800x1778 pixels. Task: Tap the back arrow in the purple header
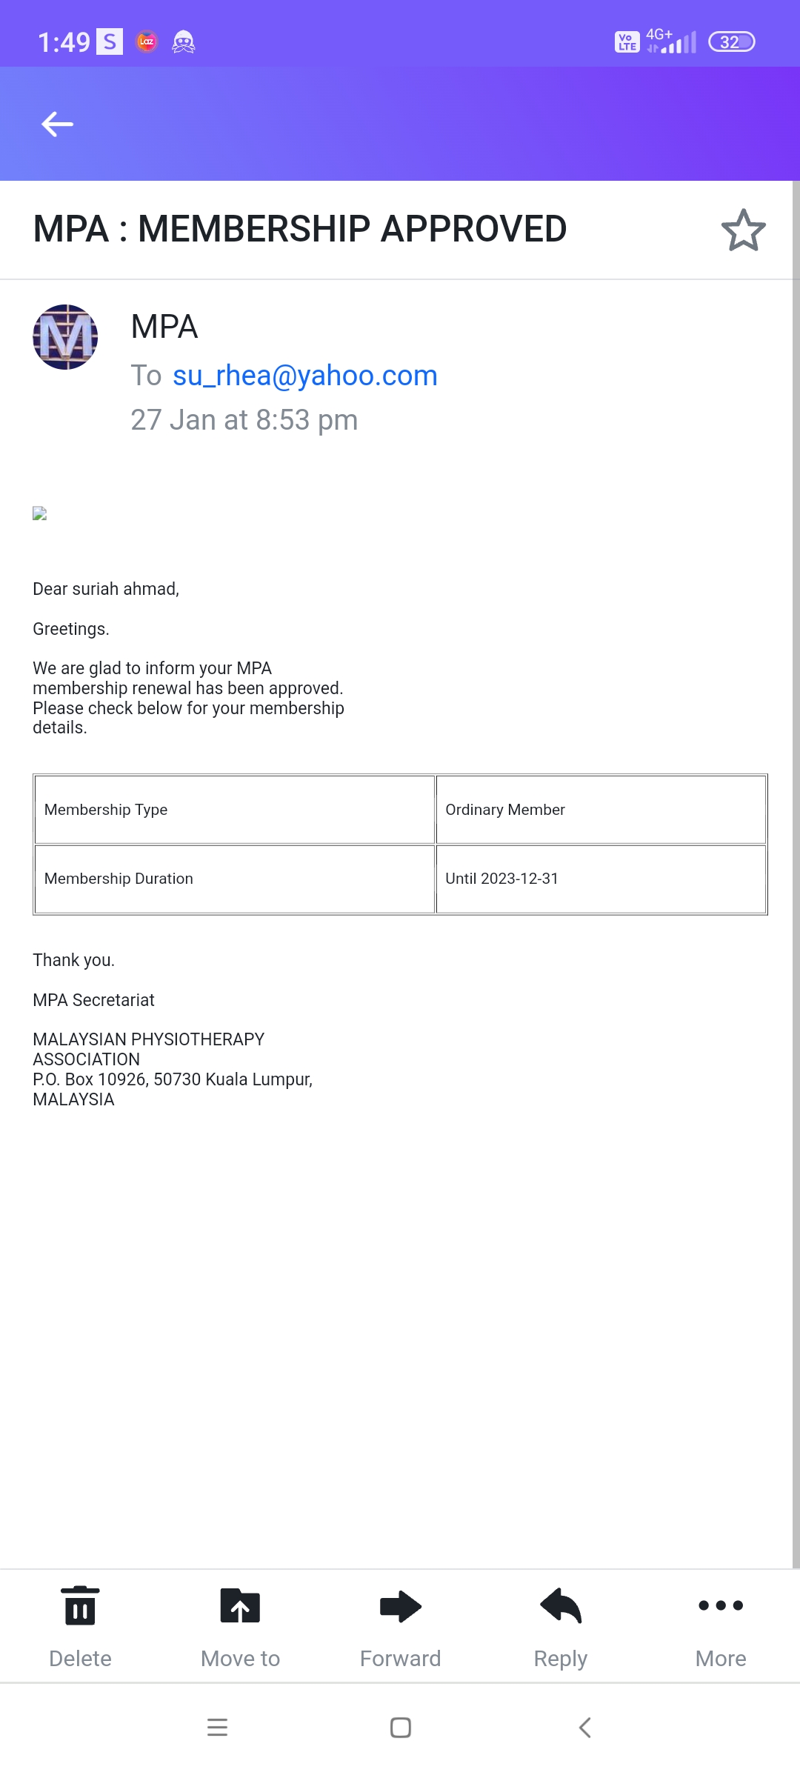point(57,124)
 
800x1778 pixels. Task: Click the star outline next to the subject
point(743,230)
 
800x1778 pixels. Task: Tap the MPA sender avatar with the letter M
point(65,337)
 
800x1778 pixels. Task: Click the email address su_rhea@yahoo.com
point(304,376)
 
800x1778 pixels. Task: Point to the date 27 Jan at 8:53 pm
point(244,420)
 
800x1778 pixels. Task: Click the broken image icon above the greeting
point(40,513)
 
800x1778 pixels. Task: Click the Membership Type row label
point(106,810)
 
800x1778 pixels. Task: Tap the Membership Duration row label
point(119,879)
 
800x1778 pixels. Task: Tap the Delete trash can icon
point(80,1605)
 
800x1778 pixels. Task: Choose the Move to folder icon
point(240,1605)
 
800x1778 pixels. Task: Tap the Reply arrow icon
point(561,1605)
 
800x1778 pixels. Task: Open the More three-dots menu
point(721,1605)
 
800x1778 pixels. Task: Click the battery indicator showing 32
point(731,42)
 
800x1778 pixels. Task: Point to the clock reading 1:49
point(64,42)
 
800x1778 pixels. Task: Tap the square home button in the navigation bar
point(401,1728)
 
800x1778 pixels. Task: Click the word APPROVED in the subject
point(473,229)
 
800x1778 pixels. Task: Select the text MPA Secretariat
point(93,1000)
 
